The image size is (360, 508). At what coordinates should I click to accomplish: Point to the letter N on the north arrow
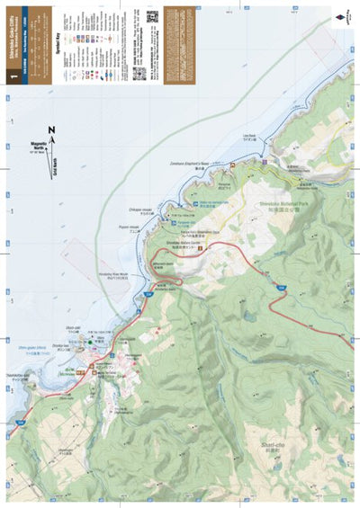coord(51,131)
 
